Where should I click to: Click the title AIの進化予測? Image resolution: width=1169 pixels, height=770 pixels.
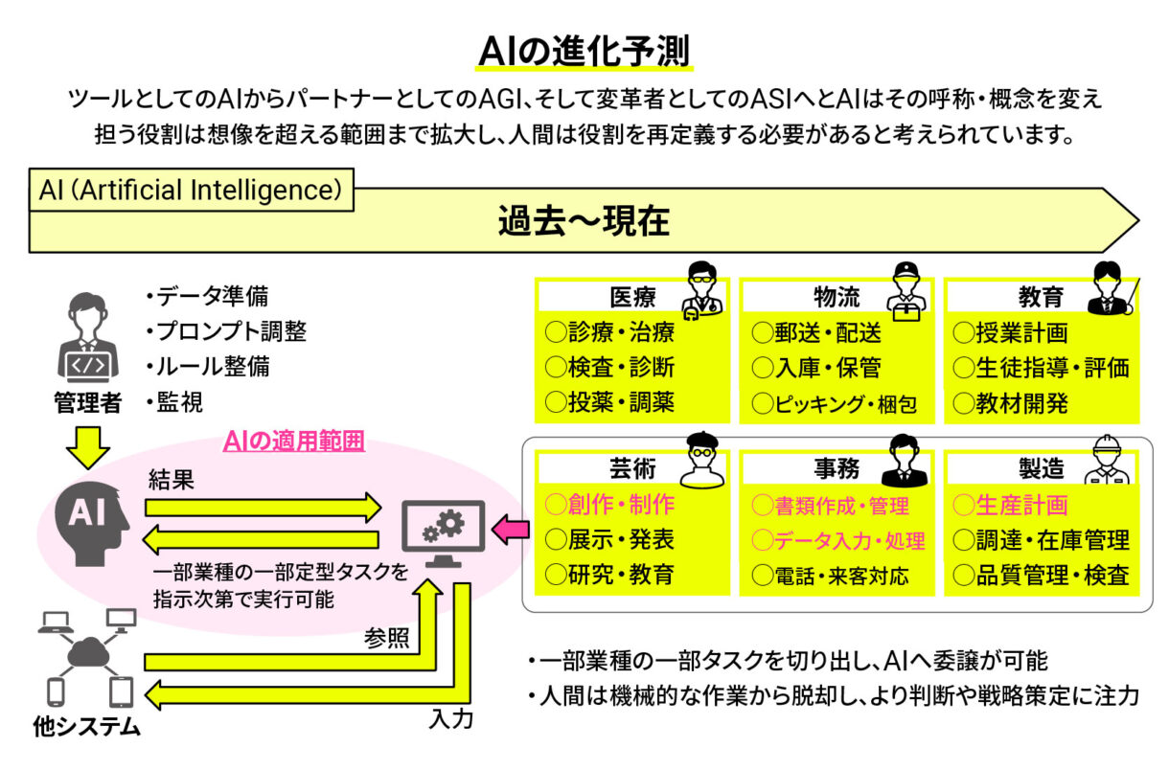[584, 50]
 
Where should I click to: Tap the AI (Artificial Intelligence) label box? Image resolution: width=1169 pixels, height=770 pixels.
[191, 190]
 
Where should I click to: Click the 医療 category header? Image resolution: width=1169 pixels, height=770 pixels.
[632, 297]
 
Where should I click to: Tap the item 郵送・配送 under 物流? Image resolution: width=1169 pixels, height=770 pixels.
[816, 333]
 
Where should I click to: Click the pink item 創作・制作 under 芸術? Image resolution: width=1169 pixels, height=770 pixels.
[609, 504]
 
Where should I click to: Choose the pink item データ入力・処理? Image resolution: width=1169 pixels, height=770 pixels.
[838, 540]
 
